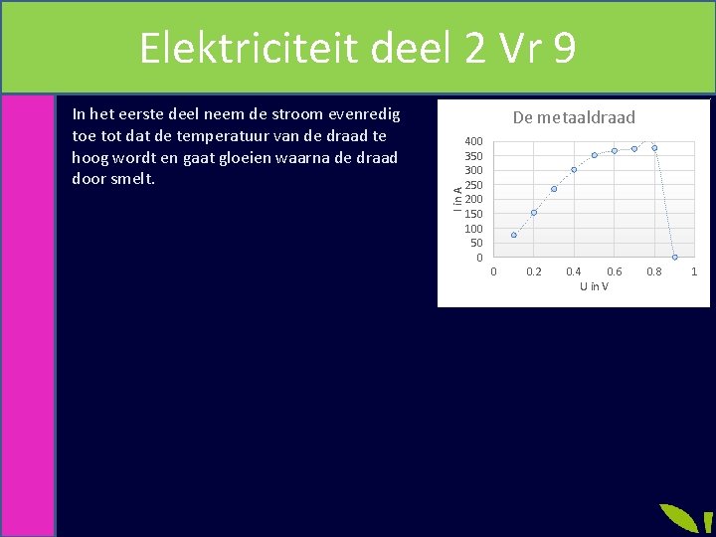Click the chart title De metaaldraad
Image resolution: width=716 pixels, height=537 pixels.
573,118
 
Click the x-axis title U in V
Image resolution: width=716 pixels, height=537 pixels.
594,286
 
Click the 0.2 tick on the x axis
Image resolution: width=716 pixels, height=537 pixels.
534,271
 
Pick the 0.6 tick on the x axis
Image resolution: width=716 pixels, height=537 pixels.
615,271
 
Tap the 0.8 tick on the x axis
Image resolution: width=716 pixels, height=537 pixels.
654,271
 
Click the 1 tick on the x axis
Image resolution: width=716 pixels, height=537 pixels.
694,271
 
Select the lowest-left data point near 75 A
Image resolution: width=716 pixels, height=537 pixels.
514,235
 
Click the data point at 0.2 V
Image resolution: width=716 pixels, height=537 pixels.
534,213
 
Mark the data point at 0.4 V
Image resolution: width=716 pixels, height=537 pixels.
574,169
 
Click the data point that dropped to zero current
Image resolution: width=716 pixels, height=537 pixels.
674,257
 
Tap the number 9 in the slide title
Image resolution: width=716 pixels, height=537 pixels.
564,48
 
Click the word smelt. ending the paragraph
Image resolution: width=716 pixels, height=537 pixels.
134,180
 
